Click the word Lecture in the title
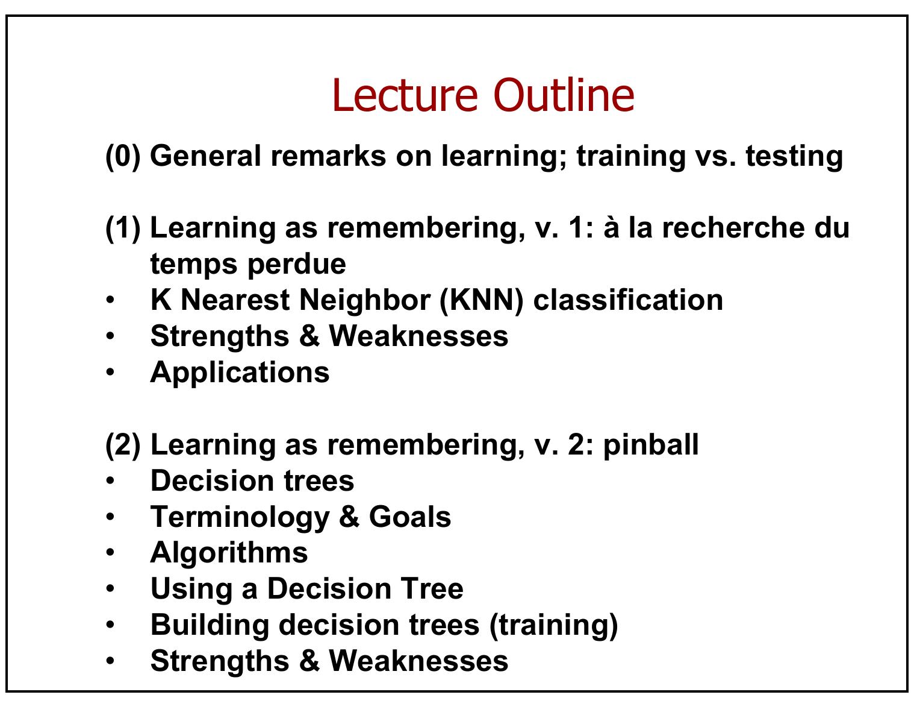pyautogui.click(x=405, y=95)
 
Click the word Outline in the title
pyautogui.click(x=564, y=95)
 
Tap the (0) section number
pyautogui.click(x=122, y=157)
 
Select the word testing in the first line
pyautogui.click(x=794, y=157)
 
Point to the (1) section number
pyautogui.click(x=122, y=228)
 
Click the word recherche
pyautogui.click(x=733, y=228)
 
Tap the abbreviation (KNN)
pyautogui.click(x=481, y=300)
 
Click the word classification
pyautogui.click(x=628, y=300)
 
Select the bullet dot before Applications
pyautogui.click(x=110, y=372)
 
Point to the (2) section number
pyautogui.click(x=122, y=445)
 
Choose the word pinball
pyautogui.click(x=651, y=445)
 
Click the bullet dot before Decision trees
pyautogui.click(x=110, y=480)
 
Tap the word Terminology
pyautogui.click(x=240, y=518)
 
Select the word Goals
pyautogui.click(x=410, y=517)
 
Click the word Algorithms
pyautogui.click(x=229, y=553)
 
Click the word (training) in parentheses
pyautogui.click(x=553, y=626)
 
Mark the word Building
pyautogui.click(x=210, y=626)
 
